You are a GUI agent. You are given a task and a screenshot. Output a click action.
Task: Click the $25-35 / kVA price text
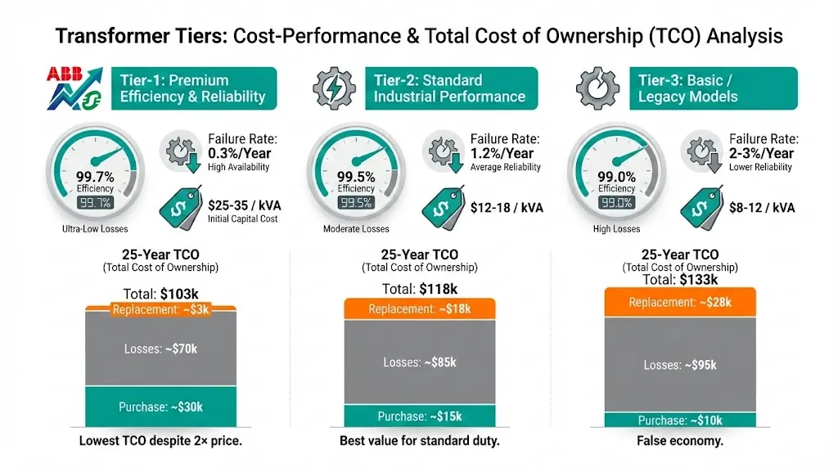243,205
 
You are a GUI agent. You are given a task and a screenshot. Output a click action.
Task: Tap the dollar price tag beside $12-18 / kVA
442,207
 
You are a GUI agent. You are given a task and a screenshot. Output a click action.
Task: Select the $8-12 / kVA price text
762,208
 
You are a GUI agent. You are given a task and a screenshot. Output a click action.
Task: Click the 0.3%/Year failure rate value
239,153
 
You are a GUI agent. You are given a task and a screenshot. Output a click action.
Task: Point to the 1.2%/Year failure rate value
502,153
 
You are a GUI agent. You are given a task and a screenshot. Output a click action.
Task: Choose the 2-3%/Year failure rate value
761,153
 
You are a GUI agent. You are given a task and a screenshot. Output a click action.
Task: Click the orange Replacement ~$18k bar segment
420,308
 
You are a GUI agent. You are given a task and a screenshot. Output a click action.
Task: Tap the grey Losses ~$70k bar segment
160,349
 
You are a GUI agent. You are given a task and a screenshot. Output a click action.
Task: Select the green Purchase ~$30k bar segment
160,406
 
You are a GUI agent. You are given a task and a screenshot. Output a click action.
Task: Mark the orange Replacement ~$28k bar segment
680,303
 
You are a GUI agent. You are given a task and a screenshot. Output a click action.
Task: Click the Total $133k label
680,280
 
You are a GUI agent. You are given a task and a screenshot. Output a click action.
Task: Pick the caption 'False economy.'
680,441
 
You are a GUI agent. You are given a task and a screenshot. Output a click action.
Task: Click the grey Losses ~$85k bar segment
420,362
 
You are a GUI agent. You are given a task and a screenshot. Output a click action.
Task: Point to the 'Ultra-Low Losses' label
95,228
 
